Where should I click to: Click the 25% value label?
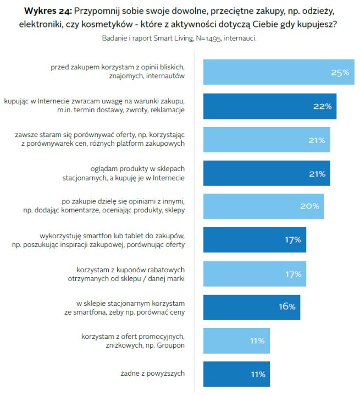340,73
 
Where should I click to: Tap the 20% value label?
309,206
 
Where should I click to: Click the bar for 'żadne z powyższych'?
236,374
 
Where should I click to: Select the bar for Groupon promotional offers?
236,341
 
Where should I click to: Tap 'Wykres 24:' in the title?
47,10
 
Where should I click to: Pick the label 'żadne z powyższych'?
152,374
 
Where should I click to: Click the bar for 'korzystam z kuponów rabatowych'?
254,273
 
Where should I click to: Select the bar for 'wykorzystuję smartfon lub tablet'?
254,240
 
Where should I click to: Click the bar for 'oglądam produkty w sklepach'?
267,173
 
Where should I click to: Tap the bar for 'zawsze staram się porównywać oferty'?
267,140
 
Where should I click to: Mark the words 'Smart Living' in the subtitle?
171,38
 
